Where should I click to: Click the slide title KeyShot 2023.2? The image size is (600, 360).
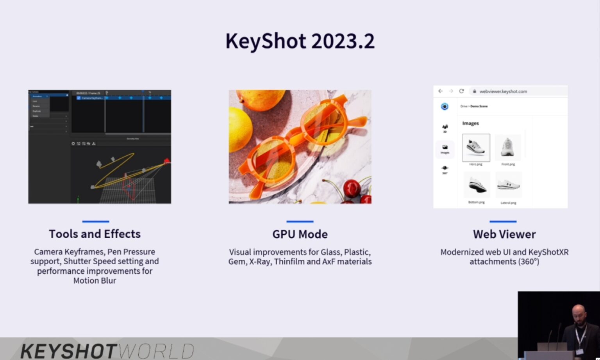click(x=300, y=41)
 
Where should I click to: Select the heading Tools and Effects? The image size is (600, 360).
click(x=95, y=234)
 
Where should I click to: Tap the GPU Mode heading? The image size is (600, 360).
click(x=300, y=234)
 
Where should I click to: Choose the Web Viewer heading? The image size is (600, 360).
click(x=504, y=234)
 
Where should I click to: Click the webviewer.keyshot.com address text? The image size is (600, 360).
click(x=503, y=91)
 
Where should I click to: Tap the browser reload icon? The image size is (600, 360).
click(x=461, y=91)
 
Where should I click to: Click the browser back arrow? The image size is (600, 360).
click(x=441, y=91)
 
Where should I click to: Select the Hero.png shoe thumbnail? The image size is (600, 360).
click(x=476, y=148)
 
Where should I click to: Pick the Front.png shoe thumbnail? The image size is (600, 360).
click(x=508, y=148)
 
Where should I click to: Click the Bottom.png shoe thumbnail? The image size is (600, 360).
click(x=476, y=185)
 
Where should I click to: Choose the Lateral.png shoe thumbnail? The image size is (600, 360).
click(x=508, y=185)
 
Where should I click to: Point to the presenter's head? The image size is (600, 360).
click(x=579, y=314)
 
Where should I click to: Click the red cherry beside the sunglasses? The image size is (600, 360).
click(x=352, y=188)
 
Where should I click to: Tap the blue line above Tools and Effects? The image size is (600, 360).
click(x=95, y=221)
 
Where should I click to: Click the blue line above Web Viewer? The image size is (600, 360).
click(x=503, y=221)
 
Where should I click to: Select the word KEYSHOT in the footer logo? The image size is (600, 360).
click(x=69, y=351)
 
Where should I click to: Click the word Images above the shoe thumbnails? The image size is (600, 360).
click(x=470, y=123)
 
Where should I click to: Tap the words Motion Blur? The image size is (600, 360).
click(x=95, y=281)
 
